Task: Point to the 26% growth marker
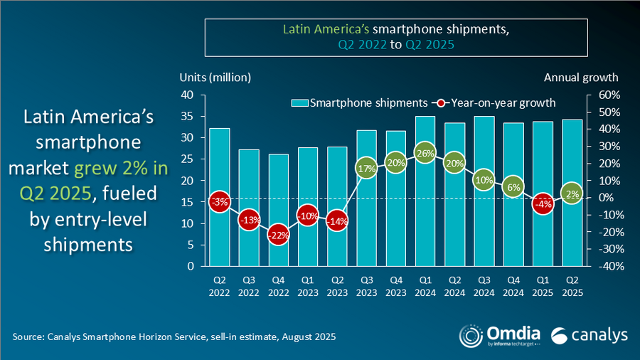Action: click(425, 153)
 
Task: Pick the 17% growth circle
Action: click(367, 169)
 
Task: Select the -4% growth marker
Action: click(543, 204)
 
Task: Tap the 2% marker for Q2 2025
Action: click(572, 194)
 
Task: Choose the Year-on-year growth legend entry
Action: click(498, 102)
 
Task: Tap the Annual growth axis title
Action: click(581, 77)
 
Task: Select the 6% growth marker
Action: click(513, 187)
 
